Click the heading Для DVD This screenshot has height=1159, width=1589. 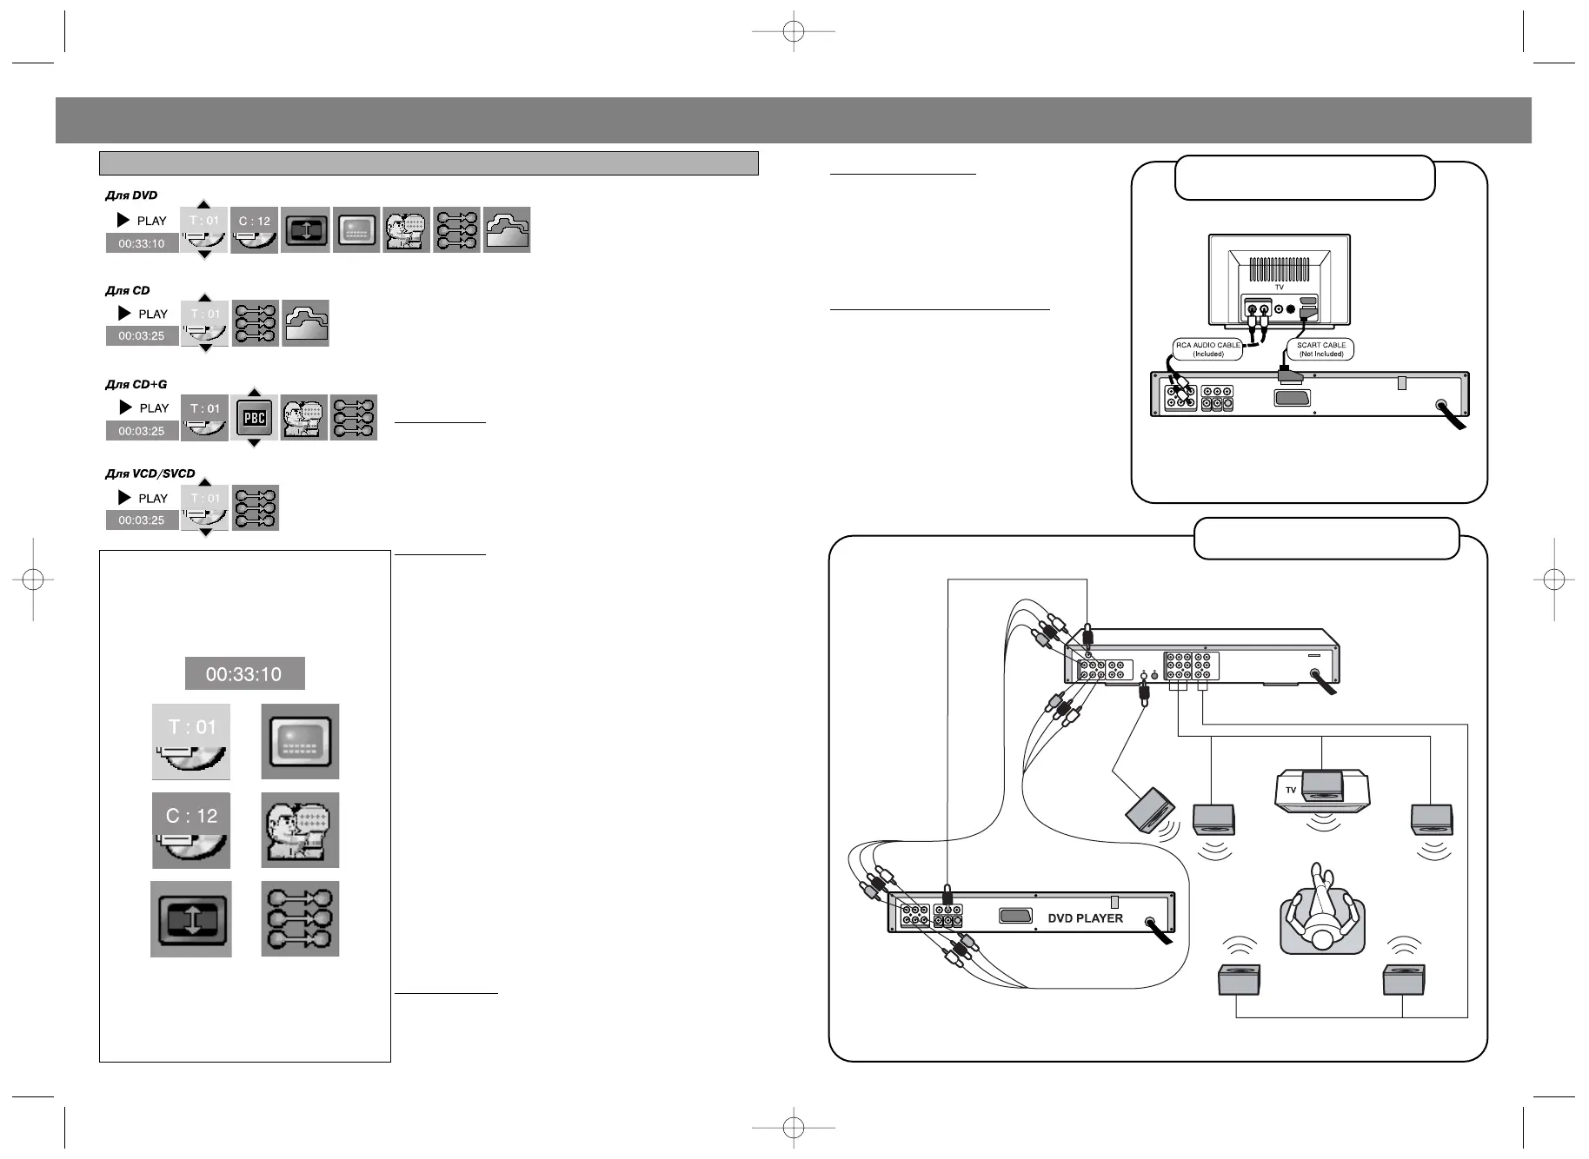pyautogui.click(x=132, y=195)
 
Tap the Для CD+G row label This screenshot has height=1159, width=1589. pyautogui.click(x=136, y=384)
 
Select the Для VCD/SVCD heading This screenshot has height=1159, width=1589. pyautogui.click(x=150, y=474)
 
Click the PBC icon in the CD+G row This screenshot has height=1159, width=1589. pyautogui.click(x=254, y=418)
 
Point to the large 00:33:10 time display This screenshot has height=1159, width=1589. pyautogui.click(x=244, y=673)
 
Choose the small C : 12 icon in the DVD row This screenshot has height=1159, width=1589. pyautogui.click(x=255, y=230)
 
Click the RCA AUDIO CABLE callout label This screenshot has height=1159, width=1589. pyautogui.click(x=1207, y=349)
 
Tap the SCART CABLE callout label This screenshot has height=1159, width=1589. pyautogui.click(x=1320, y=349)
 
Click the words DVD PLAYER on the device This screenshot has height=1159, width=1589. pyautogui.click(x=1085, y=918)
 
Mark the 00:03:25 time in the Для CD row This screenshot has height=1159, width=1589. pyautogui.click(x=142, y=335)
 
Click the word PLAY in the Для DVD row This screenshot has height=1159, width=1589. pyautogui.click(x=152, y=221)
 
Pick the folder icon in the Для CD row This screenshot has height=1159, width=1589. pyautogui.click(x=305, y=323)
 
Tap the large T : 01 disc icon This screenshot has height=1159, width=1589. pyautogui.click(x=191, y=742)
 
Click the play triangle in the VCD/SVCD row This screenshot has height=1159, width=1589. pyautogui.click(x=124, y=498)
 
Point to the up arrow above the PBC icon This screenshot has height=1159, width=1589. pyautogui.click(x=254, y=391)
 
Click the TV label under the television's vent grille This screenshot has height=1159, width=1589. pyautogui.click(x=1279, y=288)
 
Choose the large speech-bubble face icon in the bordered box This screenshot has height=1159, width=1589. pyautogui.click(x=300, y=831)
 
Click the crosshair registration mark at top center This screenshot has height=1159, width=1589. pyautogui.click(x=793, y=32)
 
